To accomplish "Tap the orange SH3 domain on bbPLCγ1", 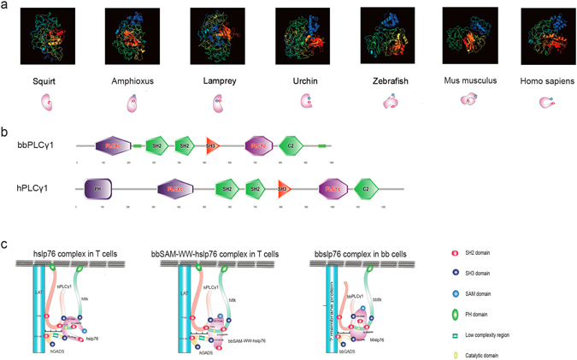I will [211, 146].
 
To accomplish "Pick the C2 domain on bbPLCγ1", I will [292, 146].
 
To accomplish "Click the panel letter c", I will [6, 245].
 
